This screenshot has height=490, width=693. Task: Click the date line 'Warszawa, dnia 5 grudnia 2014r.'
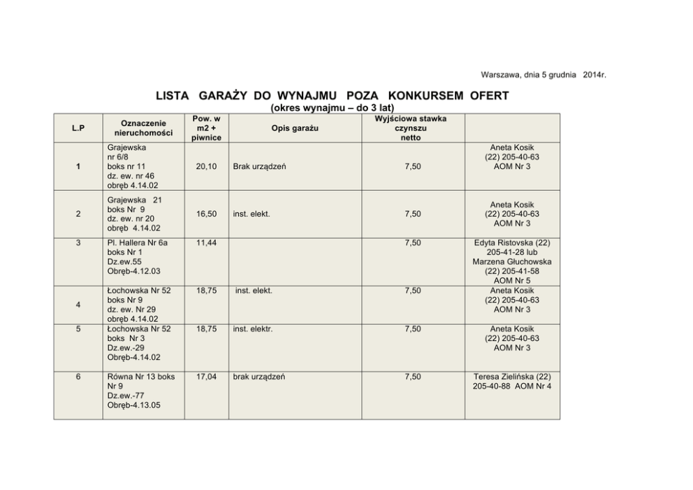(543, 75)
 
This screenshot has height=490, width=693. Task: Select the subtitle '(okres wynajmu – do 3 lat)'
(332, 108)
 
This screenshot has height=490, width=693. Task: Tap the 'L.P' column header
(78, 128)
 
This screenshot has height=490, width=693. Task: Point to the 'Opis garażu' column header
(294, 128)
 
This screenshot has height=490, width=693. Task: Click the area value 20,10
(206, 167)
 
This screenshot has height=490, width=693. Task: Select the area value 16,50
(206, 214)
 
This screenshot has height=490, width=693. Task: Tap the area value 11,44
(206, 243)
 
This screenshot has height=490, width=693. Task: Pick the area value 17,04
(206, 377)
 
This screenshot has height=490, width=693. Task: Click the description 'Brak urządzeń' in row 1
(259, 167)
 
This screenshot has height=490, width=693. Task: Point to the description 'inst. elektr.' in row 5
(253, 329)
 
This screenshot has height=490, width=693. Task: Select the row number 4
(78, 305)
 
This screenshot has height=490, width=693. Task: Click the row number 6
(78, 377)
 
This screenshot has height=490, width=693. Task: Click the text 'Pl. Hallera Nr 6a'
(138, 243)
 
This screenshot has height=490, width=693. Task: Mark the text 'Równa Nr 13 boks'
(141, 377)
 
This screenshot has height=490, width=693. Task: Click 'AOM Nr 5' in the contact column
(511, 281)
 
